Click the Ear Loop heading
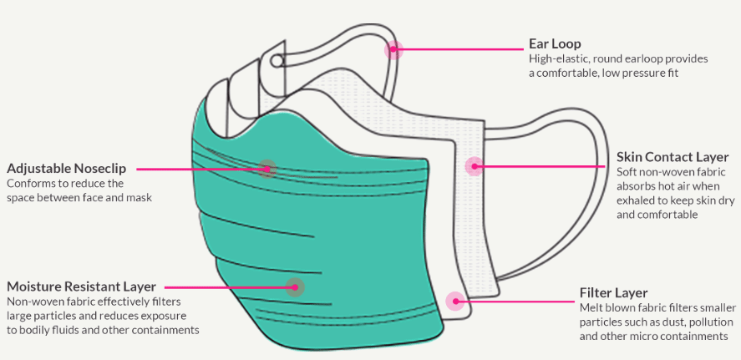[555, 43]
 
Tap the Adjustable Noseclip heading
[66, 168]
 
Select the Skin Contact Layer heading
[672, 156]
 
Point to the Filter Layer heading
[613, 292]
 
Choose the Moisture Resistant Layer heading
[81, 286]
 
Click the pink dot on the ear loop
[393, 49]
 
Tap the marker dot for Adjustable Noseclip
[266, 168]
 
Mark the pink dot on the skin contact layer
[474, 166]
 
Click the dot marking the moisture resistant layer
[293, 286]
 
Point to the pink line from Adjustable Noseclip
[200, 169]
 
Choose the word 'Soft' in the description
[627, 171]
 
